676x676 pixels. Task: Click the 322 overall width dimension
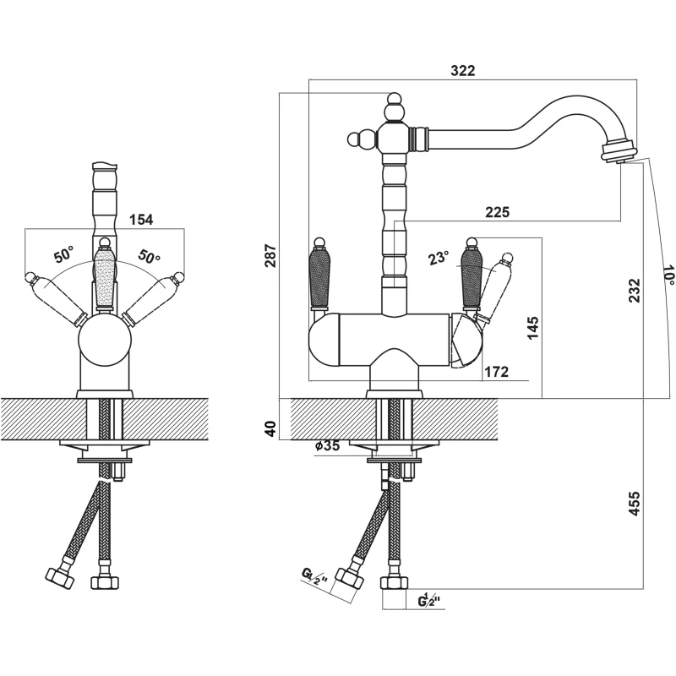[x=462, y=72]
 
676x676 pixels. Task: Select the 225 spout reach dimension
[x=498, y=213]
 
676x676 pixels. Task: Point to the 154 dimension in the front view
[x=141, y=220]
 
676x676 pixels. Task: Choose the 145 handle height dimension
[x=532, y=328]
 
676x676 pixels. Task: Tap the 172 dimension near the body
[x=496, y=370]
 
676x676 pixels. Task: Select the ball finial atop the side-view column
[x=394, y=105]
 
